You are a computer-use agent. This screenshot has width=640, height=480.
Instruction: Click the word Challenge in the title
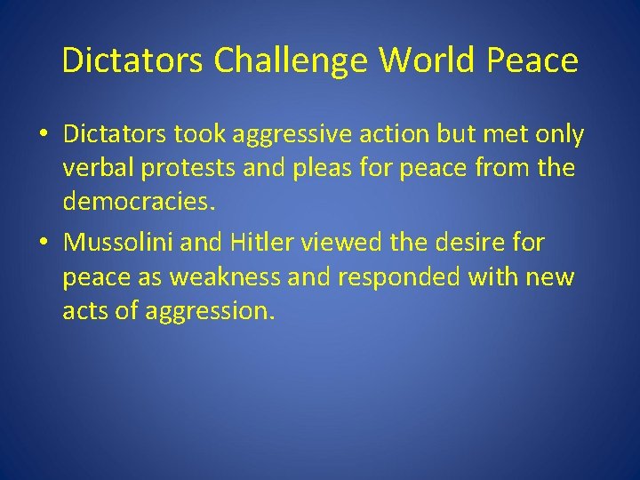point(292,60)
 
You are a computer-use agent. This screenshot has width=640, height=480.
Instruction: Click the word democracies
point(139,203)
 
